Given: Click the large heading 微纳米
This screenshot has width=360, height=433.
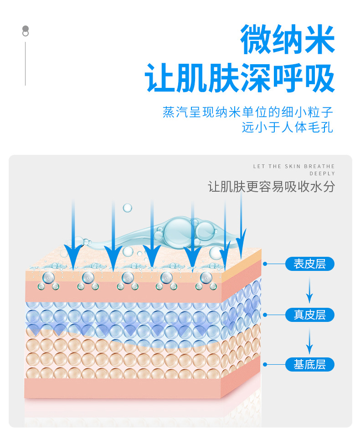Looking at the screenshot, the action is coord(288,41).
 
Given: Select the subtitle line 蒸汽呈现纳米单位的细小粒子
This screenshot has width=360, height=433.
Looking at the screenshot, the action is coord(248,112).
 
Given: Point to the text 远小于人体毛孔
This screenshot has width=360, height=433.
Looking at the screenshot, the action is coord(288,127).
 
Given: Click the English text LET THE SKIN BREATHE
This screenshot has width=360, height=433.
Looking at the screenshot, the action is coord(294,167).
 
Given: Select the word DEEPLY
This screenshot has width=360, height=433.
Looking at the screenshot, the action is coord(322,173).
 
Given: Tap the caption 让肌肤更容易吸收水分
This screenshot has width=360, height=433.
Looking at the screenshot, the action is coord(271,187).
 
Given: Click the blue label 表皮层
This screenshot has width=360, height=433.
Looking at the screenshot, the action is coord(309,264).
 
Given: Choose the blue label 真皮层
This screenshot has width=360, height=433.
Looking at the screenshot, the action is coord(309,314).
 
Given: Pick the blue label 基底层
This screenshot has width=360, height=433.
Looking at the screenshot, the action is coord(309,364).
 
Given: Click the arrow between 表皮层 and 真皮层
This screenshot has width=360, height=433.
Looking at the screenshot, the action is coord(309,290).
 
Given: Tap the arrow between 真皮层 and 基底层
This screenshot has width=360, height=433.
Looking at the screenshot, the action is coord(309,341).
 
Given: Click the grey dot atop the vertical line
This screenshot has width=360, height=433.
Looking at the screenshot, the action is coord(26,28).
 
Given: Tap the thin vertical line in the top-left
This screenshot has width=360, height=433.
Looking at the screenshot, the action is coord(25,64).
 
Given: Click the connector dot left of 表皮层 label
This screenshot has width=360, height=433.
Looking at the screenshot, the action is coord(265,264).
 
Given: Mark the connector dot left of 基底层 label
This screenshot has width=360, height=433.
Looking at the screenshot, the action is coord(265,364).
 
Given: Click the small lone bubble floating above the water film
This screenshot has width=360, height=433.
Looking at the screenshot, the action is coord(128,208).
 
